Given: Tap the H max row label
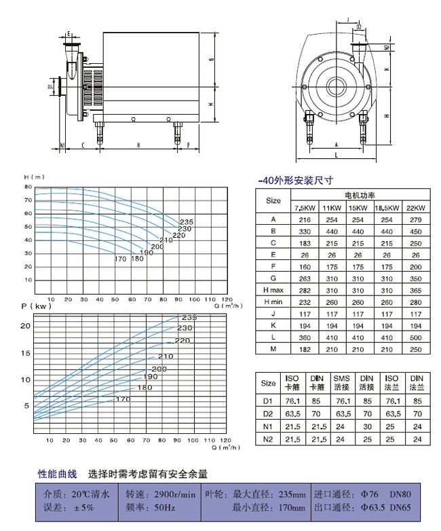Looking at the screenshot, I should click(x=273, y=290).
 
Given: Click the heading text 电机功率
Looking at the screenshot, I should click(x=360, y=195).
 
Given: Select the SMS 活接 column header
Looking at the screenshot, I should click(x=342, y=383).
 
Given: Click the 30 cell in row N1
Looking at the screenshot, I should click(x=367, y=426).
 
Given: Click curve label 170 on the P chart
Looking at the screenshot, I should click(x=123, y=399).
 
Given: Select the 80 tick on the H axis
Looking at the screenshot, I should click(x=28, y=187).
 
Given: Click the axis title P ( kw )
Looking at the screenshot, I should click(x=32, y=307).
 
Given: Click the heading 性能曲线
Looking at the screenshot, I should click(x=57, y=473).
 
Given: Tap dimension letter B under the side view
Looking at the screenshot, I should click(x=138, y=145).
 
